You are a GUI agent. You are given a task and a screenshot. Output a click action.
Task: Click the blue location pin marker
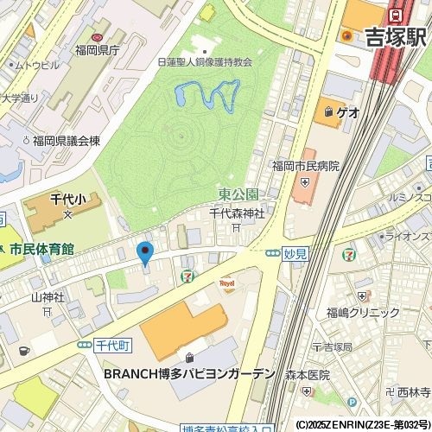coord(145,253)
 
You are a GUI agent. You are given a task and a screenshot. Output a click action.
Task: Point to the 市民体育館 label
coord(41,249)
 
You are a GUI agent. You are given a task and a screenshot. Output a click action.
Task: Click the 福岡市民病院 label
coord(305,166)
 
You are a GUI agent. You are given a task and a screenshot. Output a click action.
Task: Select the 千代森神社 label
coord(237,213)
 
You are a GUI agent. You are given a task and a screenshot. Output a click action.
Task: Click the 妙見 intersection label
coord(295,254)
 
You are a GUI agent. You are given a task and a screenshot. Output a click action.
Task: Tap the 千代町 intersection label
coord(112,344)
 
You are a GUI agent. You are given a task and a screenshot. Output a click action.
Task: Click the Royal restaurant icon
coord(228,283)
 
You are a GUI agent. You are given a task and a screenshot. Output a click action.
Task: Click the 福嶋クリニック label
coord(360,314)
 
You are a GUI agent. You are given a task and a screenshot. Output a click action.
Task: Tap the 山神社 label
coord(48,297)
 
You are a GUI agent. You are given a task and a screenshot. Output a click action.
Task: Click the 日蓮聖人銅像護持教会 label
coord(205,62)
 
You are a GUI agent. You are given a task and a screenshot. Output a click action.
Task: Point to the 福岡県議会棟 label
coord(73,140)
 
